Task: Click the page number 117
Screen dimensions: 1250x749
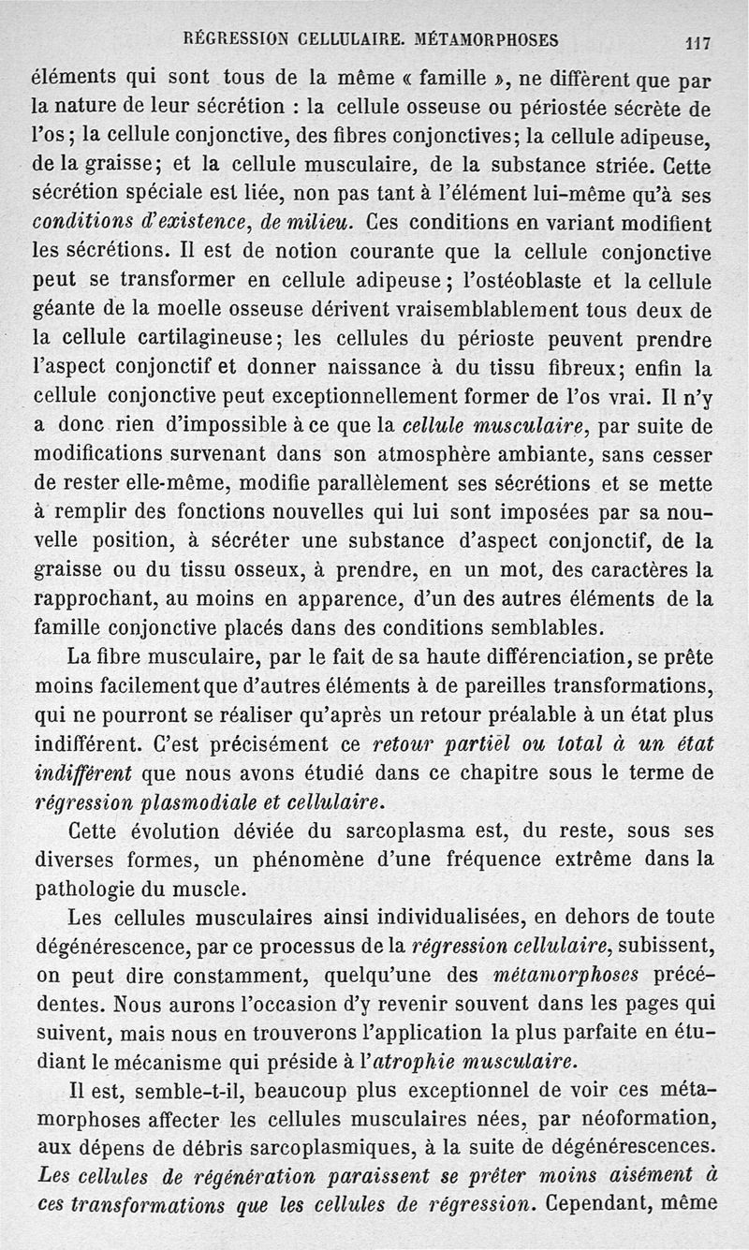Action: click(x=698, y=42)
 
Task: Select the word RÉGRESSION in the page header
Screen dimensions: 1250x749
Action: click(x=237, y=40)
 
